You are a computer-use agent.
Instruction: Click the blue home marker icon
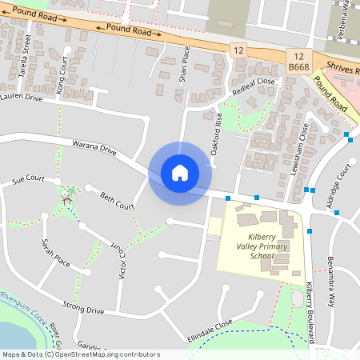coord(180,173)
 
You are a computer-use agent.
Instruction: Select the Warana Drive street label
coord(94,149)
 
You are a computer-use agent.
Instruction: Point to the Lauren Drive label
coord(21,97)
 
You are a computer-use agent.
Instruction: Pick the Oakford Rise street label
coord(216,132)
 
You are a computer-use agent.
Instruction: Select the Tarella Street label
coord(26,58)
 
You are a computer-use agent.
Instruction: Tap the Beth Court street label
coord(116,201)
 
